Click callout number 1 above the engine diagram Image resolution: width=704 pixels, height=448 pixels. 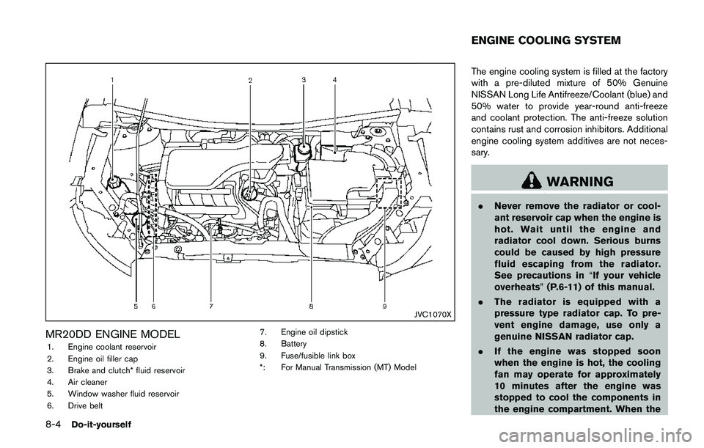[113, 78]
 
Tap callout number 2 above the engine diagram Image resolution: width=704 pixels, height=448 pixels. [251, 79]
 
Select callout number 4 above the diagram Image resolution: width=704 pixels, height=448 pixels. [334, 78]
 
